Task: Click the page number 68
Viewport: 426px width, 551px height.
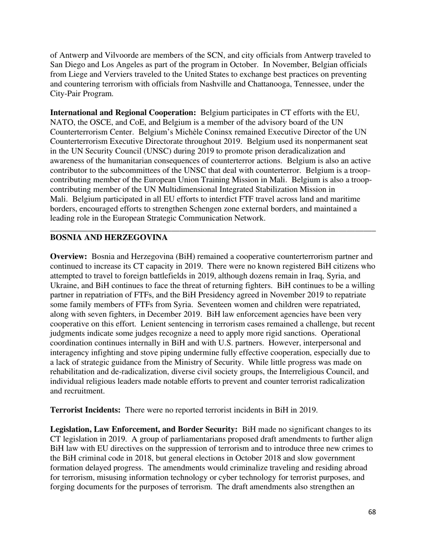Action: click(372, 525)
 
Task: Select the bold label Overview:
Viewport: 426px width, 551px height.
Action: click(68, 257)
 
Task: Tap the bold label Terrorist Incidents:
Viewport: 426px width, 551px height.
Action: click(85, 410)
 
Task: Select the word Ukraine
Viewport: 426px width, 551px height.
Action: click(64, 285)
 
